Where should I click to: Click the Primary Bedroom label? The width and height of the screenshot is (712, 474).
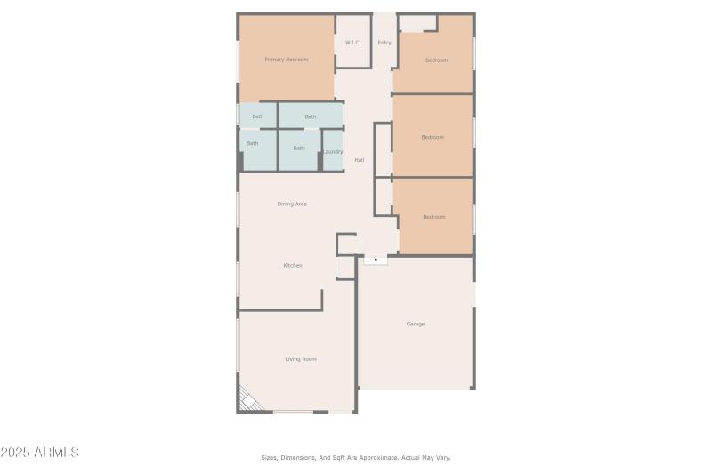(x=286, y=60)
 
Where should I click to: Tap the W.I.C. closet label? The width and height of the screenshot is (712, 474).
(x=352, y=43)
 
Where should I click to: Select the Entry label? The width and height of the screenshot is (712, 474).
(x=384, y=43)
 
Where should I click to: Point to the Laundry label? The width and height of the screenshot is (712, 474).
(x=333, y=152)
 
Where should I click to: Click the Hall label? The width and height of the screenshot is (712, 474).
(x=360, y=160)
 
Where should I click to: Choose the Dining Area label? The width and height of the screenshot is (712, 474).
(x=292, y=205)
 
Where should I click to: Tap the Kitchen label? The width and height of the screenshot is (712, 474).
(x=293, y=266)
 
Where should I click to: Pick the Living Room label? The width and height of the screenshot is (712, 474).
(x=301, y=359)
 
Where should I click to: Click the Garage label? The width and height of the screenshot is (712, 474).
(x=416, y=324)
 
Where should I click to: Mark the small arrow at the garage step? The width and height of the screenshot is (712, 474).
(x=376, y=261)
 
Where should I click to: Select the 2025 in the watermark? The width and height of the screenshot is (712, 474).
(x=15, y=453)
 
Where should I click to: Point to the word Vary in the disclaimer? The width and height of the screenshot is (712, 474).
(x=442, y=458)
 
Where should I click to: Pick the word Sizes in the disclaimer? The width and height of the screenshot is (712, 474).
(x=269, y=458)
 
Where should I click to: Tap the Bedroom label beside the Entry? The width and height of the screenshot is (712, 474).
(x=436, y=60)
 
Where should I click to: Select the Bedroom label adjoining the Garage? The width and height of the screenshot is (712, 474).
(x=434, y=217)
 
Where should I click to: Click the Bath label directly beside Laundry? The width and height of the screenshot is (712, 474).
(x=299, y=149)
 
